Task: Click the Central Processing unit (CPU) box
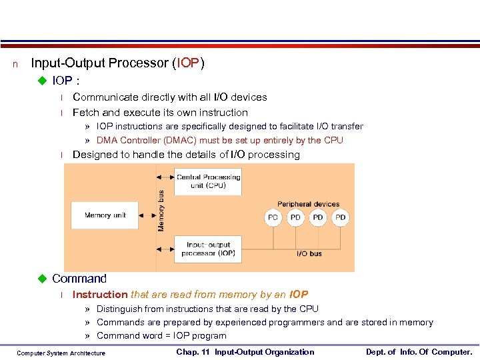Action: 207,181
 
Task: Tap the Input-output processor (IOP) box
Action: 207,249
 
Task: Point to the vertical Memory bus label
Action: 161,211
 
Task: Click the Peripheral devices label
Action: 308,204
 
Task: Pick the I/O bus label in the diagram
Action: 309,254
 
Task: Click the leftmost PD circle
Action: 273,217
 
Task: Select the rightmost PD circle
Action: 341,217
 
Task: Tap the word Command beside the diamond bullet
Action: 79,279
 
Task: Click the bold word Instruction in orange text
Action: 100,295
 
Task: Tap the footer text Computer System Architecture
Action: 61,353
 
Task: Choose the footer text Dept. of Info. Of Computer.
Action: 419,352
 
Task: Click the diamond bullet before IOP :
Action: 44,81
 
